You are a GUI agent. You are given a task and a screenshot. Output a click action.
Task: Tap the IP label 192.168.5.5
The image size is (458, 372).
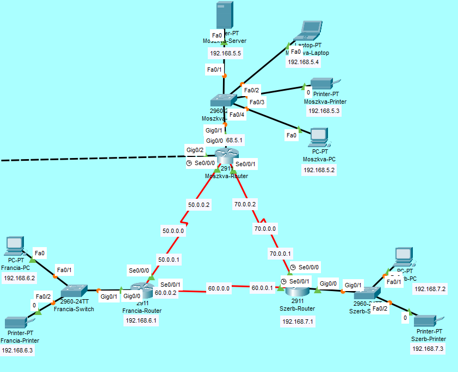point(225,54)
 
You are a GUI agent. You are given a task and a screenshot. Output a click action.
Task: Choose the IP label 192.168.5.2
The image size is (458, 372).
point(319,170)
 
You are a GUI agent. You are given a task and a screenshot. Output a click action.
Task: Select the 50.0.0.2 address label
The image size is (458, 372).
point(199,205)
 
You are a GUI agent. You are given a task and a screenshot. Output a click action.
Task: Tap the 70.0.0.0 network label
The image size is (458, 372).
point(265,229)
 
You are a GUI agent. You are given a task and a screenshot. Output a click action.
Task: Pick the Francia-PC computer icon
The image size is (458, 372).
point(14,247)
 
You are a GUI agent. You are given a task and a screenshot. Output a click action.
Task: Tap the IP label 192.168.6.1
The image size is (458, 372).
point(141,320)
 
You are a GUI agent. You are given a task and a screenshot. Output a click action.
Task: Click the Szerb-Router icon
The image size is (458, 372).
point(297,290)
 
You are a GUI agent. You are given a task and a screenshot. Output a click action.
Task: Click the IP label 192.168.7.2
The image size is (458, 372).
point(430,288)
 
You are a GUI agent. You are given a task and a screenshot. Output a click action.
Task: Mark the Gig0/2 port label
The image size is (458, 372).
point(195,150)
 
